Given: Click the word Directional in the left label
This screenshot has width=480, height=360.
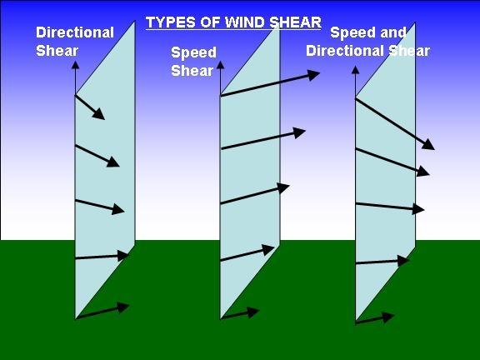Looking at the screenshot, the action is click(x=75, y=32).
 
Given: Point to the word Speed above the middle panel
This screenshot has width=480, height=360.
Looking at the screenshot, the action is click(x=194, y=53).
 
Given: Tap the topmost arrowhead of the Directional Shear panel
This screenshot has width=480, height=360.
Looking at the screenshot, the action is click(x=99, y=114).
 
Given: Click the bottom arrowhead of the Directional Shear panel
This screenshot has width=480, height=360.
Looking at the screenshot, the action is click(x=123, y=307).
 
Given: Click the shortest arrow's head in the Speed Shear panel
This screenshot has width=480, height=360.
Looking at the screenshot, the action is click(x=253, y=312).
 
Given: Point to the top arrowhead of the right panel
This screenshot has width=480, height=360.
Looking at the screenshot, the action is click(x=428, y=144).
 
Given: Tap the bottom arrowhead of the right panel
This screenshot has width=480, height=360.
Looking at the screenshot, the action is click(x=388, y=317).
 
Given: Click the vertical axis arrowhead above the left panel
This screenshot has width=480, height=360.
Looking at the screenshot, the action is click(x=75, y=65).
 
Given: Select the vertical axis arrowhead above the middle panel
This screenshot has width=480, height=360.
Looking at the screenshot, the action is click(x=220, y=65).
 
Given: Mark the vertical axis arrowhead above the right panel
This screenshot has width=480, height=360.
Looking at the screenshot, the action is click(x=355, y=70).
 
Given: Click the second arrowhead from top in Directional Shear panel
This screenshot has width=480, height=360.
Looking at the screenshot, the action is click(x=113, y=162).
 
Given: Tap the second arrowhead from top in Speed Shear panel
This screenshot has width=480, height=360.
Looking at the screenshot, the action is click(x=300, y=132).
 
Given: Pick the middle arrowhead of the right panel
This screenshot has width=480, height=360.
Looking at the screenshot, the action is click(x=418, y=209).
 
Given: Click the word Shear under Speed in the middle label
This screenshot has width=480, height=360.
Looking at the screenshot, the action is click(x=192, y=71).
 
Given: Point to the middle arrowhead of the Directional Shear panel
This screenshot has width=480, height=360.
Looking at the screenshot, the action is click(x=118, y=209).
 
